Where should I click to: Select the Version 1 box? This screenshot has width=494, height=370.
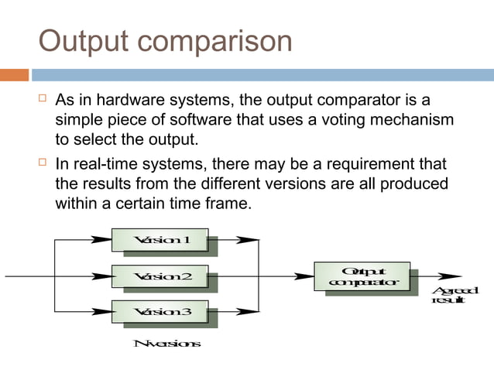[161, 240]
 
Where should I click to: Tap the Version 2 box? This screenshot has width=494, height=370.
[161, 276]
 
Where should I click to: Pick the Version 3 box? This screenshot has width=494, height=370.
[161, 312]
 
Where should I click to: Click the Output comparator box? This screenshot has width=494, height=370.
[362, 276]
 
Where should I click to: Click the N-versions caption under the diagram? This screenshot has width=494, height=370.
[167, 344]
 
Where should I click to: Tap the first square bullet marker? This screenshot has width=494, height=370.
[42, 101]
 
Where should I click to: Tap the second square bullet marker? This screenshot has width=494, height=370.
[42, 164]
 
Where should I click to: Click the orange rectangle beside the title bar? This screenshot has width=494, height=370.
[14, 75]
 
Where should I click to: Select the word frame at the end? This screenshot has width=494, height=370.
[230, 204]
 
